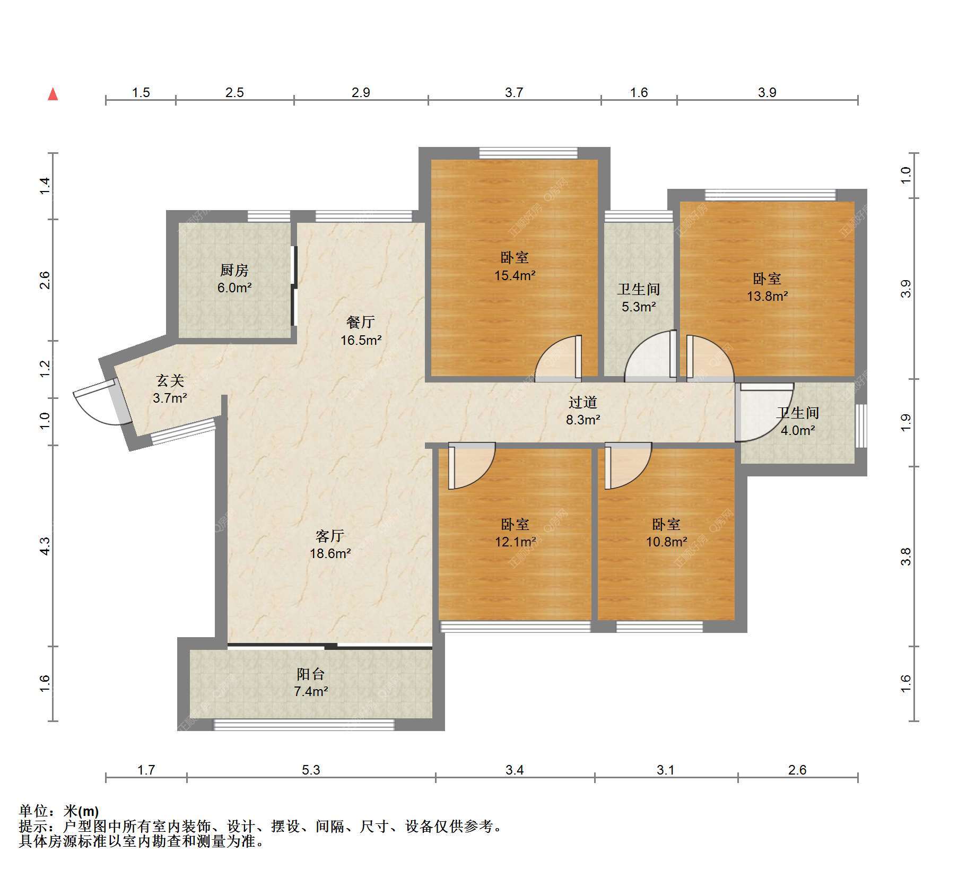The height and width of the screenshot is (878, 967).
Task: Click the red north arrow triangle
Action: [53, 94]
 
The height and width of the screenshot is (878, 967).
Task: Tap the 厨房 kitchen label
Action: [234, 271]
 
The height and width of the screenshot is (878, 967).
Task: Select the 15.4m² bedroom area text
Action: [515, 275]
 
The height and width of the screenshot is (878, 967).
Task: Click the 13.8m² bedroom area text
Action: [767, 296]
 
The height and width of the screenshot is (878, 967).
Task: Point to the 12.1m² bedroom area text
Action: [515, 542]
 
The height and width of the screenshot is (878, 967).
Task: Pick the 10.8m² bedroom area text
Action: [666, 542]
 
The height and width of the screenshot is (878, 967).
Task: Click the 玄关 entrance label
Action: [170, 380]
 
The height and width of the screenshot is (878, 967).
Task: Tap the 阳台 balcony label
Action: [311, 674]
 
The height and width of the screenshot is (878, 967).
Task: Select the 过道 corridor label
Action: [583, 403]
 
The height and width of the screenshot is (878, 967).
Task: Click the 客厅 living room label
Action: [330, 536]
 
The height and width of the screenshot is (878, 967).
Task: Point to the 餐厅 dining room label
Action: [361, 322]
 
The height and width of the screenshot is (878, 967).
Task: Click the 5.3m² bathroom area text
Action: [639, 307]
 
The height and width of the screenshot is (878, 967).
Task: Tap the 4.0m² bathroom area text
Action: [798, 430]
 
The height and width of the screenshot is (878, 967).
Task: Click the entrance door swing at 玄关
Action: [101, 406]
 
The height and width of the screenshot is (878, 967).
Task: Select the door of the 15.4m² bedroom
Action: [559, 359]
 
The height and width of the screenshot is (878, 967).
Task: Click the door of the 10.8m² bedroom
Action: [628, 466]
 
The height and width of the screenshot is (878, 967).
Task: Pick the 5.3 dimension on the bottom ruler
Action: [311, 770]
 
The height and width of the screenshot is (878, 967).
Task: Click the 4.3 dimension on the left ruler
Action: [45, 546]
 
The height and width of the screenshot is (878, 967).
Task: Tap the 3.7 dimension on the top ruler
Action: [514, 92]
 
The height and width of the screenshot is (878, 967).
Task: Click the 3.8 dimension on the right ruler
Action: [905, 557]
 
